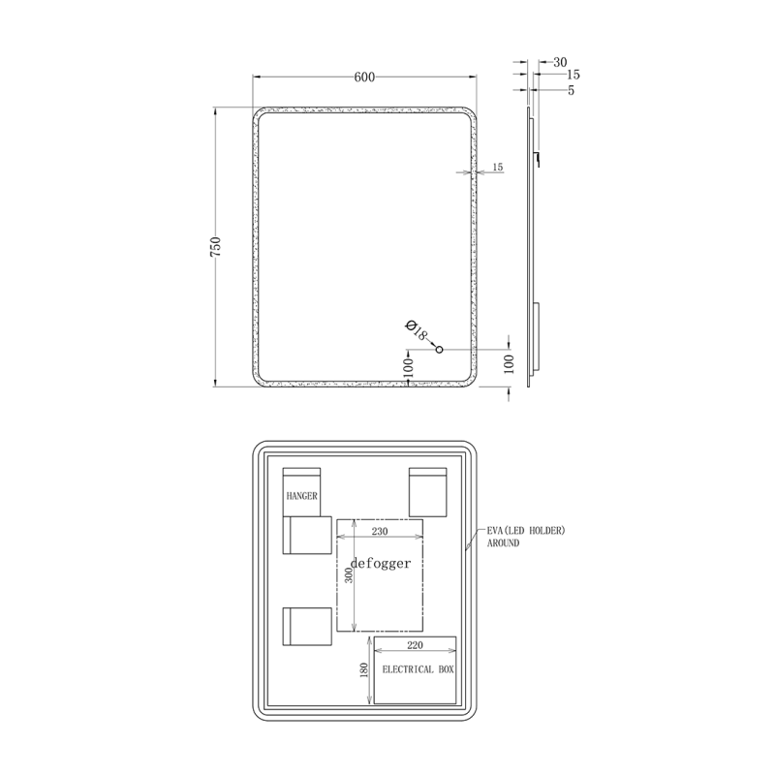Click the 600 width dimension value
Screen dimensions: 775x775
(364, 77)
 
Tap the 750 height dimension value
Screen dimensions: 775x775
(216, 247)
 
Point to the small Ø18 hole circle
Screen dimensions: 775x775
(439, 350)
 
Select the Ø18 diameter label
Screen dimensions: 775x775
(417, 330)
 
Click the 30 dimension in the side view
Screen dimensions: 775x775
(560, 62)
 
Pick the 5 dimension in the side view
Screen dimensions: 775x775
(572, 90)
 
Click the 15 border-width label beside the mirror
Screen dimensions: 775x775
(498, 167)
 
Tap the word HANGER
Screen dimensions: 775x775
(301, 496)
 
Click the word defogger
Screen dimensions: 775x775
(381, 563)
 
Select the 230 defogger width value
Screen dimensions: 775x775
(380, 531)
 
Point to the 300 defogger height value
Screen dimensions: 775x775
(349, 575)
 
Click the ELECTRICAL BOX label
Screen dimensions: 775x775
(418, 669)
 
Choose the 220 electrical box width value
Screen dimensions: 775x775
(416, 645)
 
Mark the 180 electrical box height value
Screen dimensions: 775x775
(364, 670)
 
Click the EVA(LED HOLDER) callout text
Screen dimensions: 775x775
(526, 530)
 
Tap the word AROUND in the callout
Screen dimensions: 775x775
(503, 542)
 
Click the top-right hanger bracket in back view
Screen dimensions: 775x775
(428, 492)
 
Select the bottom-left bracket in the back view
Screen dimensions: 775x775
(307, 627)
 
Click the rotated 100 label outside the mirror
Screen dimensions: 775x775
(510, 364)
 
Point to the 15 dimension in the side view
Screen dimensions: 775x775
(573, 75)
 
